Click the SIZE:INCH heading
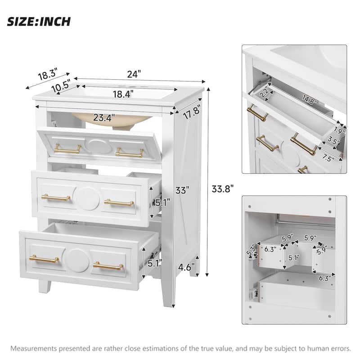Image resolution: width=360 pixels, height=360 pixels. pos(39,21)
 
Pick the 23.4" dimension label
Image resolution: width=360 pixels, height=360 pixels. pos(103,118)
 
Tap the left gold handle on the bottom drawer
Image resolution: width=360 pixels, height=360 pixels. pos(44,259)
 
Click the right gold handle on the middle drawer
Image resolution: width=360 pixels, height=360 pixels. pos(119,202)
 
